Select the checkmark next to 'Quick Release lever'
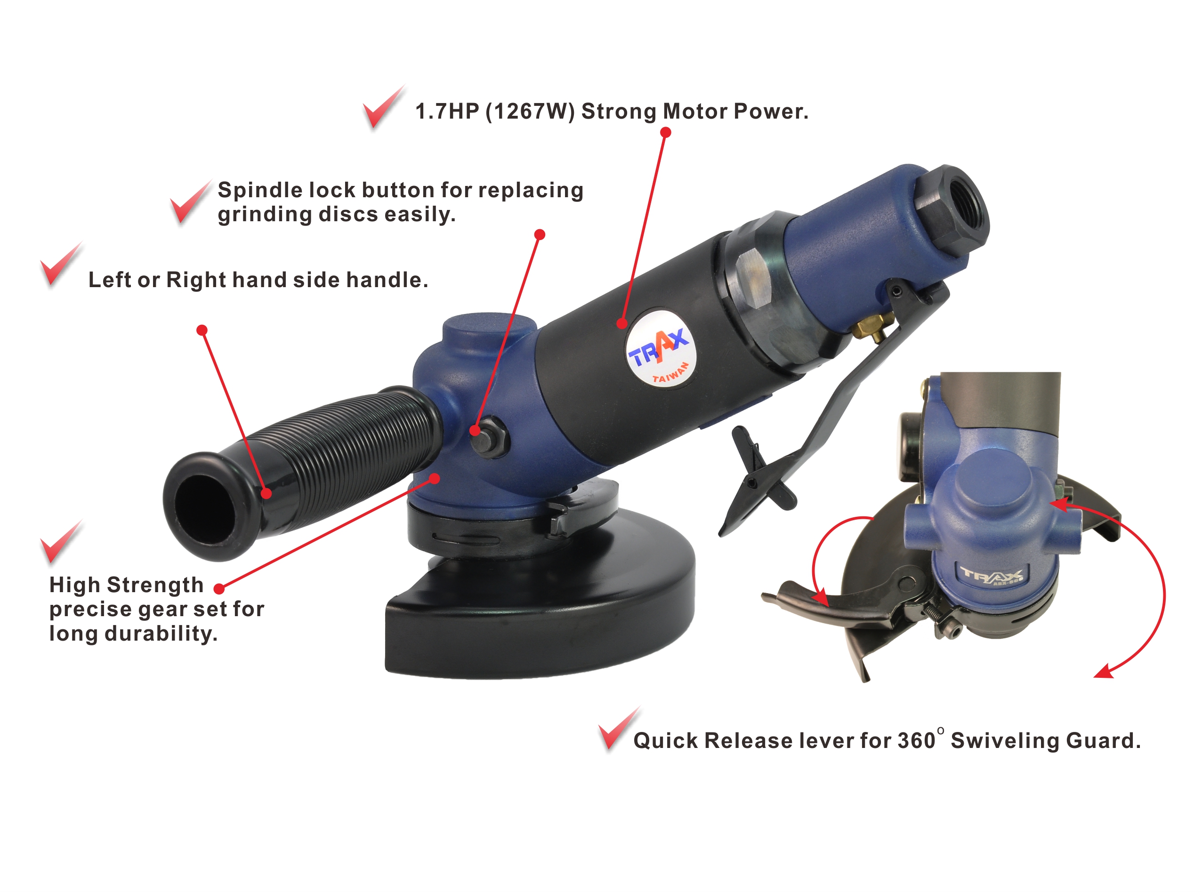coord(619,729)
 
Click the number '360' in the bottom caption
coord(917,741)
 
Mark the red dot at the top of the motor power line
coord(665,132)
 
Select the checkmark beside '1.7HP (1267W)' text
coord(383,107)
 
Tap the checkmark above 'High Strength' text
coord(61,542)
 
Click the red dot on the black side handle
coord(266,493)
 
